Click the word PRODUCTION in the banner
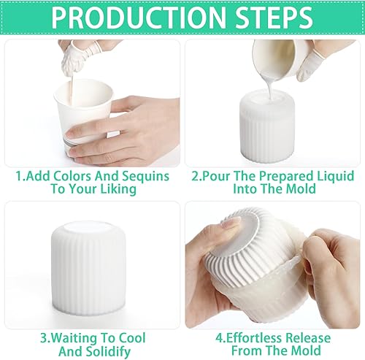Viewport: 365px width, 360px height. (x=139, y=18)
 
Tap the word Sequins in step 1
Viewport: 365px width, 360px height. (x=145, y=177)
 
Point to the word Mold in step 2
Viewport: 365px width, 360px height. (x=301, y=188)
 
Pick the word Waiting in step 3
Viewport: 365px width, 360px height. (x=74, y=338)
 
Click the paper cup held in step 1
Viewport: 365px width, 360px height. (x=84, y=115)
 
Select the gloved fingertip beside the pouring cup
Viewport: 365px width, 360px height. (x=306, y=64)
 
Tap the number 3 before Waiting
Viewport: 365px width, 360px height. (x=44, y=338)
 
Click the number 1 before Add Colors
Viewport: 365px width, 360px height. (x=19, y=177)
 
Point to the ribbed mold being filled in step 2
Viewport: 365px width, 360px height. (x=267, y=126)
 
